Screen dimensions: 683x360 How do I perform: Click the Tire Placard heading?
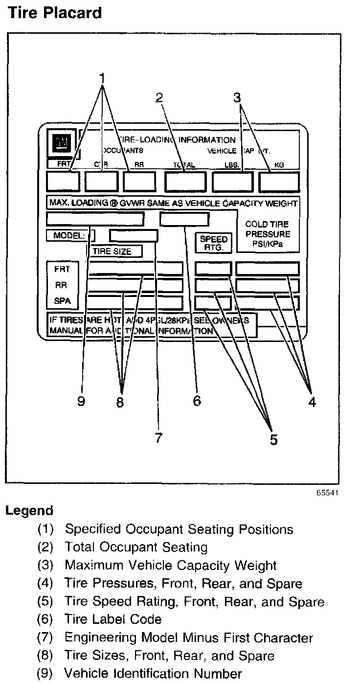pyautogui.click(x=54, y=12)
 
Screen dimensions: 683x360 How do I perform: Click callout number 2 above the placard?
pyautogui.click(x=159, y=98)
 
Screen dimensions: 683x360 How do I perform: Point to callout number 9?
pyautogui.click(x=81, y=401)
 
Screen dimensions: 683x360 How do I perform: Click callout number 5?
pyautogui.click(x=273, y=439)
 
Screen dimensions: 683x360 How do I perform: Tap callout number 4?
pyautogui.click(x=312, y=402)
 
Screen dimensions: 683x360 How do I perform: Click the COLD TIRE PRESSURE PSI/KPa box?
pyautogui.click(x=268, y=234)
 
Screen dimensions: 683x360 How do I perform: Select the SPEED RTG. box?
pyautogui.click(x=214, y=243)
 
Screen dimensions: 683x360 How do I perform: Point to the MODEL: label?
pyautogui.click(x=68, y=235)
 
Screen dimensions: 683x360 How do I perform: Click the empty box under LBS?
pyautogui.click(x=232, y=182)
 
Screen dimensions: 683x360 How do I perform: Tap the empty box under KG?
pyautogui.click(x=279, y=182)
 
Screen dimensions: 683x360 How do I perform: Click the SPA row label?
pyautogui.click(x=62, y=300)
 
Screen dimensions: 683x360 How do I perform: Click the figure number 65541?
pyautogui.click(x=327, y=493)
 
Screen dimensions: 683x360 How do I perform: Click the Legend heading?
pyautogui.click(x=29, y=511)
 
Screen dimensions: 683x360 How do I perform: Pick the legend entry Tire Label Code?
pyautogui.click(x=112, y=619)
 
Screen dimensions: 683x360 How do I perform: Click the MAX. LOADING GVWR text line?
pyautogui.click(x=173, y=203)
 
